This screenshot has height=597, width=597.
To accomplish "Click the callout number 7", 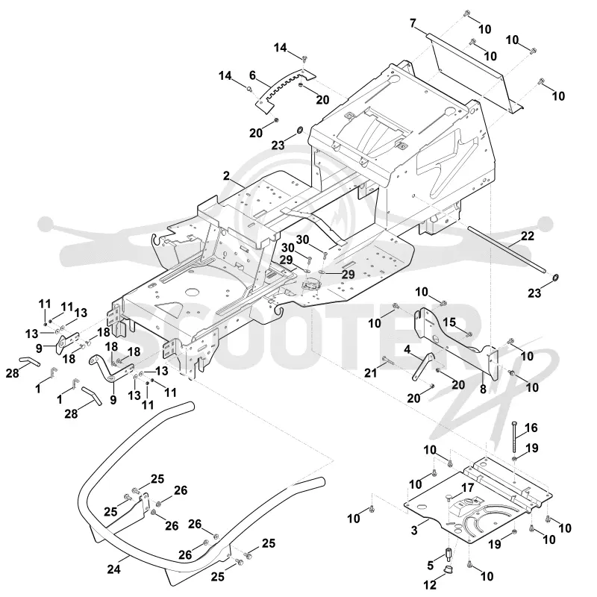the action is pos(413,24).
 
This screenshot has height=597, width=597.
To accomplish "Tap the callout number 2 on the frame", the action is pos(227,176).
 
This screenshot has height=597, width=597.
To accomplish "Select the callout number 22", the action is pos(528,236).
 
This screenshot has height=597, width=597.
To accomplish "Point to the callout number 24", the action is pos(114,569).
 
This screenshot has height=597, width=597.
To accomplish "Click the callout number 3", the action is pos(414,531).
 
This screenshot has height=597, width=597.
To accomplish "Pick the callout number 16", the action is pos(531,428).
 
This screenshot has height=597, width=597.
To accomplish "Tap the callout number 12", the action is pos(430,584).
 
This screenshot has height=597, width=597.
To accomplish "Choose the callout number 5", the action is pos(431,566).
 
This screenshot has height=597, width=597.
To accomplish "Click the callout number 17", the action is pos(468,488).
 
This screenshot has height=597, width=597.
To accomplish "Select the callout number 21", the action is pos(370,372).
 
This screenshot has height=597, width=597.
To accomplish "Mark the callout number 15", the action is pos(449,322).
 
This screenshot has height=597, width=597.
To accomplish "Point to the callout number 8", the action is pos(483,389).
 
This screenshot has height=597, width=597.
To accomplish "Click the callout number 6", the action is pos(252,75).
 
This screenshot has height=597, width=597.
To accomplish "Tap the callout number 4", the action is pos(407,349).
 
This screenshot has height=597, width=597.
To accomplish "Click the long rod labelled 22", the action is pos(507,249).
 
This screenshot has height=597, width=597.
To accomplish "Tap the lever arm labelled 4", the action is pos(422,366).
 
